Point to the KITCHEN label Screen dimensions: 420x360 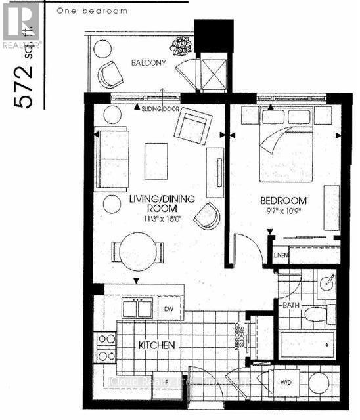(156, 344)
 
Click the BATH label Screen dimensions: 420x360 (291, 306)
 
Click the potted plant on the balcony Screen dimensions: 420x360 (179, 45)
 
